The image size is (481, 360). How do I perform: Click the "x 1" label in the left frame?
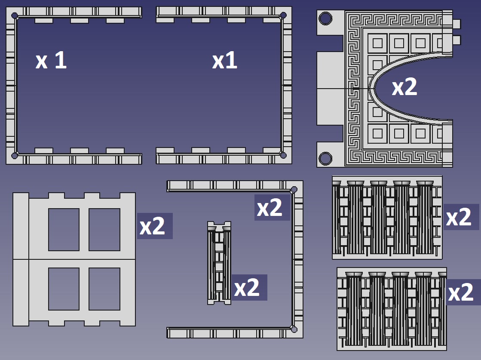(51, 60)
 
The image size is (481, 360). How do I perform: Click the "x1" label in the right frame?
(224, 60)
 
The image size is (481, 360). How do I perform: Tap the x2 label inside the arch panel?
(404, 87)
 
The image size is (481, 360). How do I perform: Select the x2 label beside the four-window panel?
(152, 226)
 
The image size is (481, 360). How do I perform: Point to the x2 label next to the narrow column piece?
(247, 288)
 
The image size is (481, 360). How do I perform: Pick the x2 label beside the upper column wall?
(459, 217)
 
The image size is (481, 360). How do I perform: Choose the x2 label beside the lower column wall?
(461, 292)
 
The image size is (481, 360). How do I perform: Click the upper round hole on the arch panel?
(325, 18)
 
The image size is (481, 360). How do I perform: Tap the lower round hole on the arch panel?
(325, 158)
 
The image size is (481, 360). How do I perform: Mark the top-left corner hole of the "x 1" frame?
(15, 15)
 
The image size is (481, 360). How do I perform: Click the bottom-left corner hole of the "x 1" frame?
(15, 156)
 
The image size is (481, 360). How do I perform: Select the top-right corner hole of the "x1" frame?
(283, 15)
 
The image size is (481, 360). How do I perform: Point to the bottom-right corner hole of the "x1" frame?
(283, 155)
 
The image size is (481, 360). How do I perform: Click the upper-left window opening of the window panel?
(64, 230)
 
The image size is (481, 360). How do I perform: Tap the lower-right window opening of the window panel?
(104, 289)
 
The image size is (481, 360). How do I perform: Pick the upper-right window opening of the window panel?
(104, 230)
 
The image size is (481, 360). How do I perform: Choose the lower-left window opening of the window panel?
(64, 289)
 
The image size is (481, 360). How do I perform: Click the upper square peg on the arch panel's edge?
(456, 24)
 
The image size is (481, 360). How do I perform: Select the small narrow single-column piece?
(219, 263)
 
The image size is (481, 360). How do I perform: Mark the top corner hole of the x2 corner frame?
(294, 189)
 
